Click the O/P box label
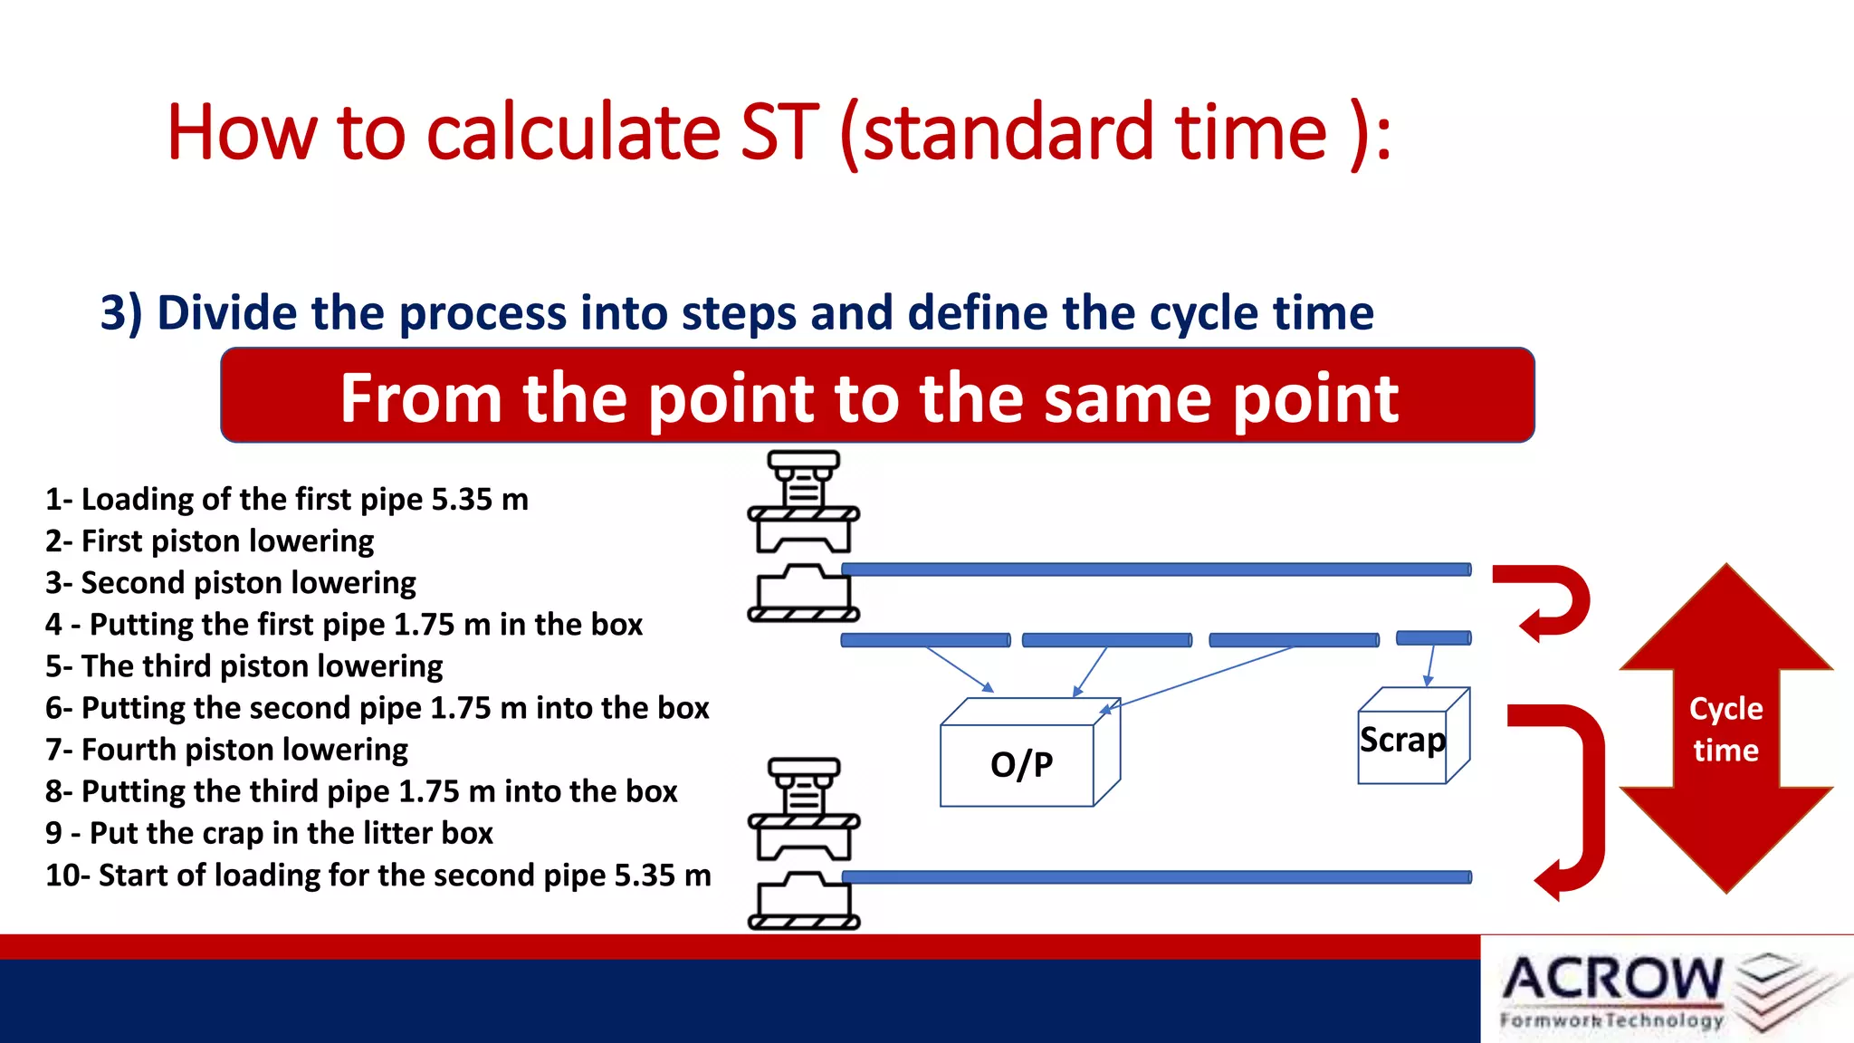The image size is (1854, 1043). pyautogui.click(x=1021, y=765)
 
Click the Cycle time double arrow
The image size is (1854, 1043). pyautogui.click(x=1725, y=728)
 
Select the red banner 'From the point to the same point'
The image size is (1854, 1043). pyautogui.click(x=876, y=396)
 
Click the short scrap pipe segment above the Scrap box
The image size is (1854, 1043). pyautogui.click(x=1433, y=638)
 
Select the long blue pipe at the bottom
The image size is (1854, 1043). pyautogui.click(x=1156, y=876)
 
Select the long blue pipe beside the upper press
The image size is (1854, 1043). pyautogui.click(x=1156, y=569)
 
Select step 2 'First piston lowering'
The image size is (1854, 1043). pyautogui.click(x=209, y=541)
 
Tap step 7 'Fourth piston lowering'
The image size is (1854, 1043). pyautogui.click(x=226, y=750)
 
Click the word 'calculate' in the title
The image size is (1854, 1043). pyautogui.click(x=572, y=133)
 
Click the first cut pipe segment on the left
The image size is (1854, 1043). pyautogui.click(x=925, y=640)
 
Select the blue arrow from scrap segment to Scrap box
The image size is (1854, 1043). pyautogui.click(x=1429, y=665)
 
